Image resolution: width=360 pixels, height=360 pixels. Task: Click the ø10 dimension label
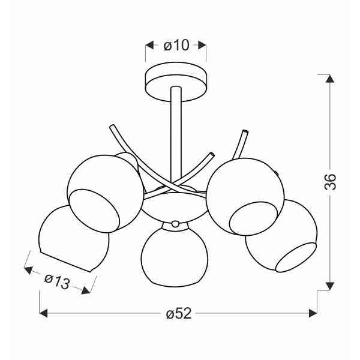point(176,45)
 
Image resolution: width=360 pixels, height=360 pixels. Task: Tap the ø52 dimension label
point(179,313)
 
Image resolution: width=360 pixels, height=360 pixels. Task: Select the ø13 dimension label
point(57,281)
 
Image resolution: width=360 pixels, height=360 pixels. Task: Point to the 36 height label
point(330,182)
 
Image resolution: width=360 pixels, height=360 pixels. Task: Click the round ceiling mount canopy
point(176,82)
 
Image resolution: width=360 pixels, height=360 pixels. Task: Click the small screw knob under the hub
point(175,223)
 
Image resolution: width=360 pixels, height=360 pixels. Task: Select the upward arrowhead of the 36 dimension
point(330,79)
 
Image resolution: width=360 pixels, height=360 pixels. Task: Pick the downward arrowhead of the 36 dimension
point(330,286)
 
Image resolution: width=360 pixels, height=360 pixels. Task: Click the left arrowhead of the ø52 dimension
point(43,313)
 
